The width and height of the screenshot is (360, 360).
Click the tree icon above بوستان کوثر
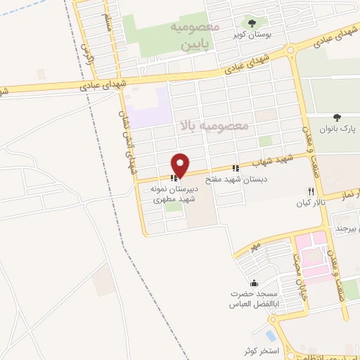coord(252,23)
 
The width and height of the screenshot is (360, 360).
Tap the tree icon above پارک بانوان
coord(337,117)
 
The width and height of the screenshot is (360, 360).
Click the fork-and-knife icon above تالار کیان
coord(310,191)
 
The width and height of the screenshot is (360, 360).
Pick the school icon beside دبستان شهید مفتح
coord(236,168)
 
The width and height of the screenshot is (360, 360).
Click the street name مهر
coord(254,247)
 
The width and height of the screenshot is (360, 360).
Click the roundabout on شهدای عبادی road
coord(291,50)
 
